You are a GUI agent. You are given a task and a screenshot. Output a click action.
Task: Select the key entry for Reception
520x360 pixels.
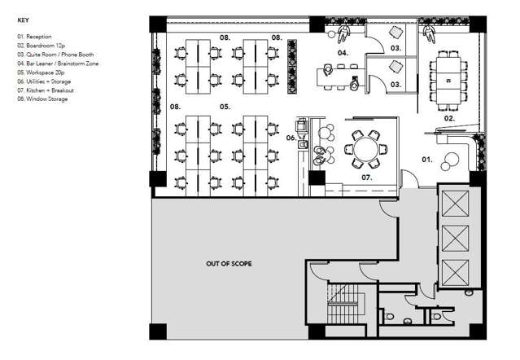coord(34,37)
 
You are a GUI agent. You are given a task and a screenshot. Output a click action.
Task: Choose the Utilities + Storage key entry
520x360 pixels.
coord(46,81)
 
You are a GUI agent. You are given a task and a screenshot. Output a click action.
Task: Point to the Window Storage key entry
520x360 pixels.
coord(42,99)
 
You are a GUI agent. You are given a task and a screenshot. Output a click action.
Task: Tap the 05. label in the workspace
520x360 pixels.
coord(225,107)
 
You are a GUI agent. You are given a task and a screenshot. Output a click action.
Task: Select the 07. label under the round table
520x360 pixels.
coord(366,176)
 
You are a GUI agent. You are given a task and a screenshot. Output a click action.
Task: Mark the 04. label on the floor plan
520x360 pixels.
coord(343,53)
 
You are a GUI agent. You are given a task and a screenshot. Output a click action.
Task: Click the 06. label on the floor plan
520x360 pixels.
coord(291,138)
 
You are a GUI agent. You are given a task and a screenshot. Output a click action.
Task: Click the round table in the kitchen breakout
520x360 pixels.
coord(364,148)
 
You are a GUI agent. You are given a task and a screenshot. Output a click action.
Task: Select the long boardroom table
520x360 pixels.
coord(447,80)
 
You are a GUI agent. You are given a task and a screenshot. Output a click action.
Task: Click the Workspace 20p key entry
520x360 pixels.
coord(41,72)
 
